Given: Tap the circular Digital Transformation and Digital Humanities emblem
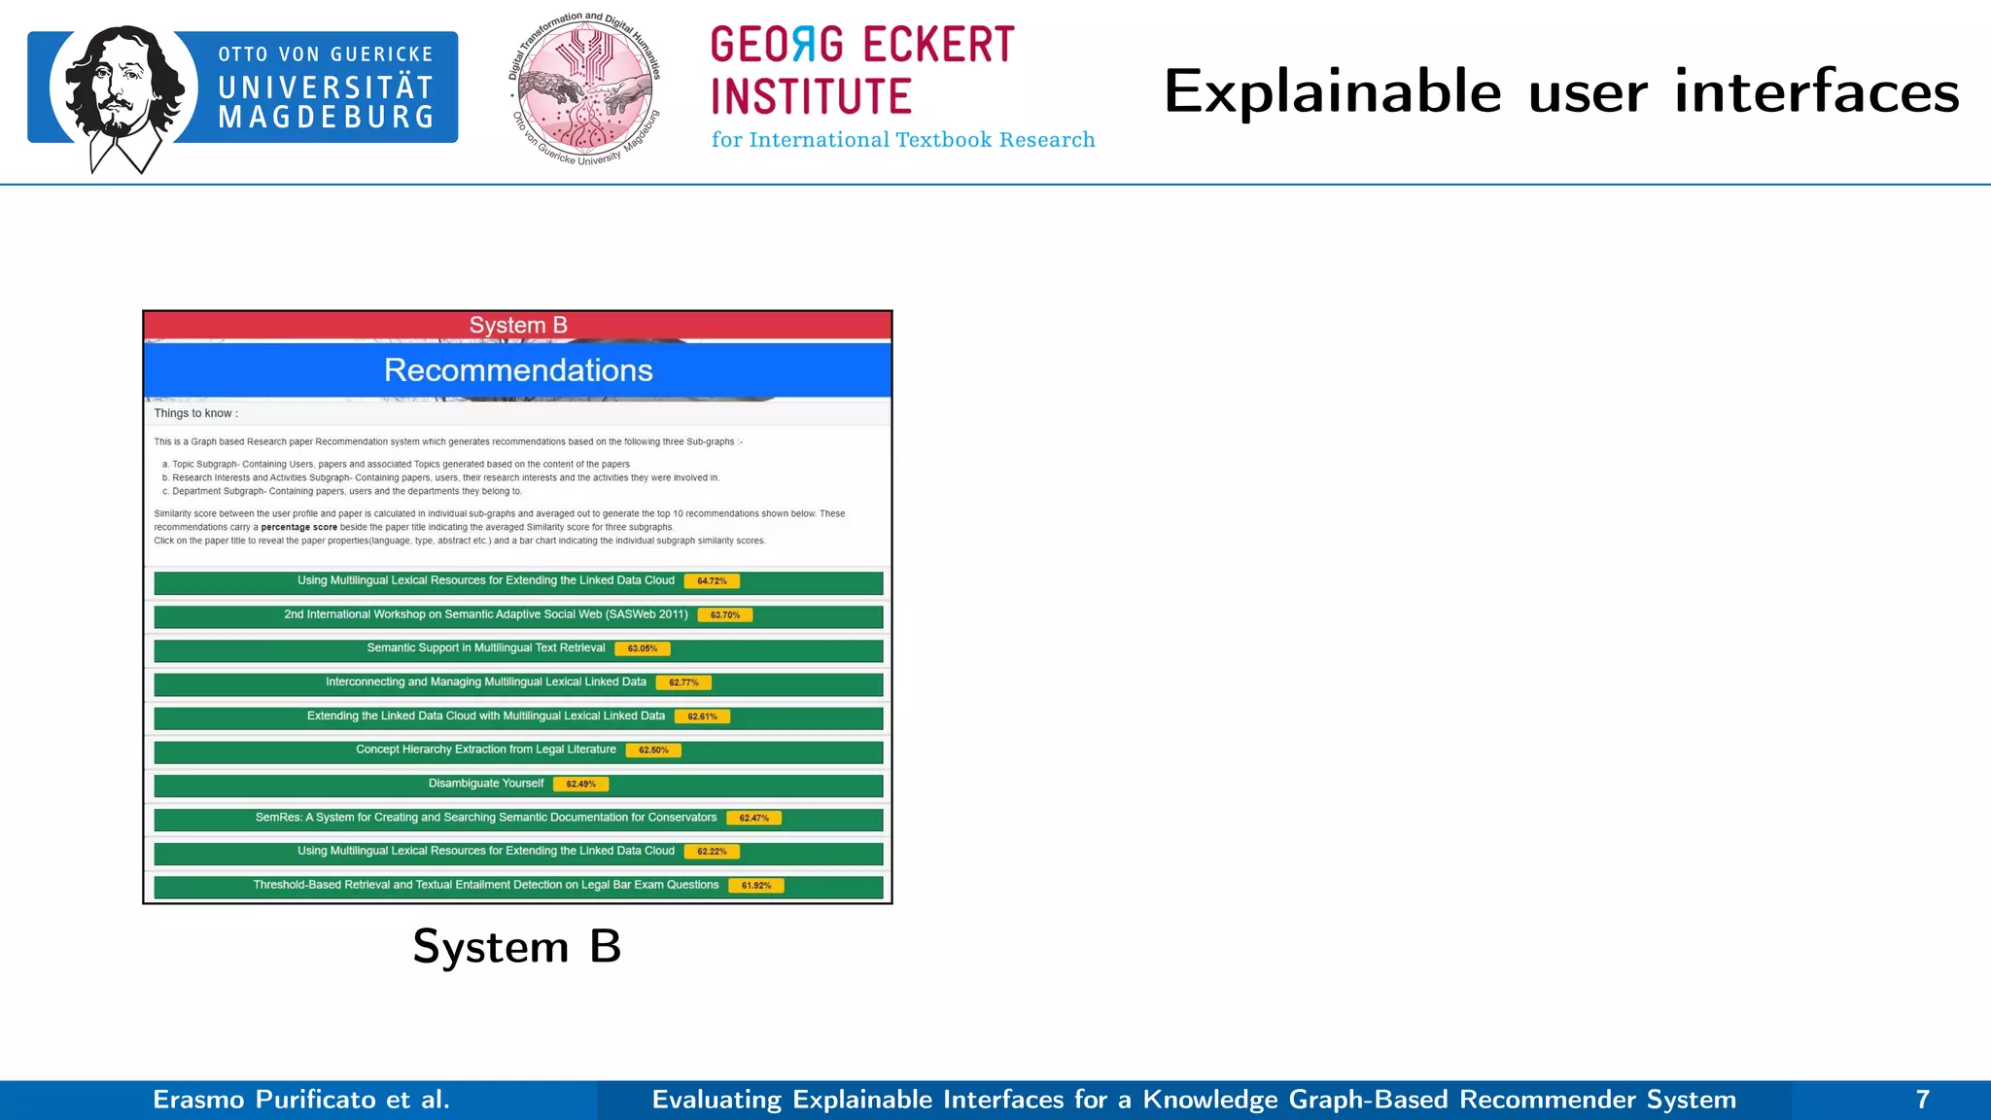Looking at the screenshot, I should point(585,89).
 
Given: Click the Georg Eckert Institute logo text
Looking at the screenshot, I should point(863,72).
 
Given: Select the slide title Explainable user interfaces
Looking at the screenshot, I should point(1560,92).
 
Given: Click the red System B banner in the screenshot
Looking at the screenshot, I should point(518,326).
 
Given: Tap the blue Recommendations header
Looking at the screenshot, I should point(518,370).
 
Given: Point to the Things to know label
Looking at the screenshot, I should point(195,413).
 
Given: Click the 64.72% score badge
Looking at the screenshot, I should point(712,581).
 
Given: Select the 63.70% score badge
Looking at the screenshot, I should point(725,615).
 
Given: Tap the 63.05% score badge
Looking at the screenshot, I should point(643,648).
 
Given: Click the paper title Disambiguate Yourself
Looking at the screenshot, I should point(486,784).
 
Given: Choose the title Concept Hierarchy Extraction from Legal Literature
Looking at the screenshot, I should point(486,750).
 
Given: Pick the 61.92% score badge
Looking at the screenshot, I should point(756,886).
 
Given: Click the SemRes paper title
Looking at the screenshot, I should point(486,818).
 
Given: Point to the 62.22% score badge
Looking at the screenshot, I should point(712,852).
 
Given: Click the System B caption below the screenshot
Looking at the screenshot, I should point(516,946).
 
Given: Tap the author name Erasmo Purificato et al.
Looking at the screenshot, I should point(301,1100).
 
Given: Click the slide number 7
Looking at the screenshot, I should point(1922,1100).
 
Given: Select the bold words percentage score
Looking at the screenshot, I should point(298,528).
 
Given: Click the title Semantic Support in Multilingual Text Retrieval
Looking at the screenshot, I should point(486,648).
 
